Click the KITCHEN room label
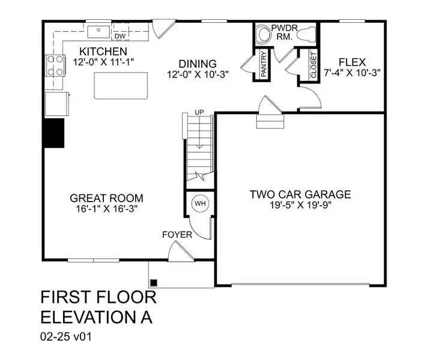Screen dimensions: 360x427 pyautogui.click(x=103, y=52)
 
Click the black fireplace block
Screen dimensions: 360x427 pyautogui.click(x=53, y=132)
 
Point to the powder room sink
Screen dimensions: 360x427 pyautogui.click(x=263, y=35)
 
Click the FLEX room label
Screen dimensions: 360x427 pyautogui.click(x=352, y=61)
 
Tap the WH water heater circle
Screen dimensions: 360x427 pyautogui.click(x=199, y=204)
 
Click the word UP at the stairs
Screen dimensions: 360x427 pyautogui.click(x=199, y=113)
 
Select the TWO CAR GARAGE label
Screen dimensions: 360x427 pyautogui.click(x=300, y=194)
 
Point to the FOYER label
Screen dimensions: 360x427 pyautogui.click(x=177, y=235)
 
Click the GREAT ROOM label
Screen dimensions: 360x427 pyautogui.click(x=106, y=199)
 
